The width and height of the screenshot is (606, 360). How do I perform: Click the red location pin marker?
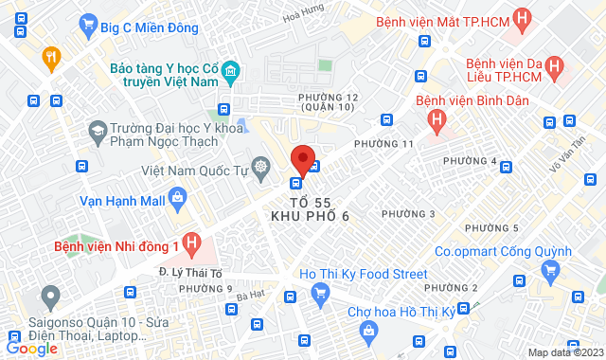(302, 158)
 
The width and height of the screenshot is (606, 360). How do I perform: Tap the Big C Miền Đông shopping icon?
(91, 25)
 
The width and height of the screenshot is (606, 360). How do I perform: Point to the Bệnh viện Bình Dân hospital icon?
(436, 118)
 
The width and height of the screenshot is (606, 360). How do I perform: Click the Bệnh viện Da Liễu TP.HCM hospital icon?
(556, 68)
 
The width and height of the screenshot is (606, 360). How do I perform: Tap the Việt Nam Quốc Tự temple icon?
(261, 168)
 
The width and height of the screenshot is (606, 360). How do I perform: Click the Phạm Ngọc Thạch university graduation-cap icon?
(97, 129)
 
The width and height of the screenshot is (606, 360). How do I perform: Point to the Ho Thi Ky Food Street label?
(363, 275)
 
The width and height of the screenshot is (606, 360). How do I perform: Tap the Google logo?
(31, 348)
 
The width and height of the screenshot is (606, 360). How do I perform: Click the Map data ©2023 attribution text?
(564, 352)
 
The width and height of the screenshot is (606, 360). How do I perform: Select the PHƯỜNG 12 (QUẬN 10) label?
(328, 102)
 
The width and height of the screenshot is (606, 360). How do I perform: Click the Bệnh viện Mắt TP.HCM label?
(442, 22)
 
